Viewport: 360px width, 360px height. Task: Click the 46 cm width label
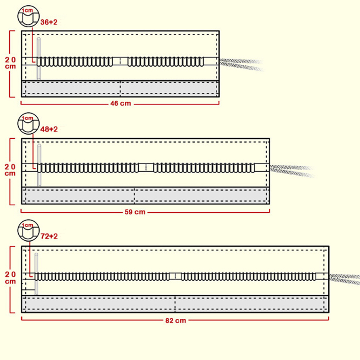tap(120, 104)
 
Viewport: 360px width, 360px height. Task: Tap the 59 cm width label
tap(135, 212)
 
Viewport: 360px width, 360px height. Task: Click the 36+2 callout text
tap(49, 22)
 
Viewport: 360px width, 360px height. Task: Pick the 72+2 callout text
tap(49, 236)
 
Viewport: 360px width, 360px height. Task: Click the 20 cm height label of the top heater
tap(10, 63)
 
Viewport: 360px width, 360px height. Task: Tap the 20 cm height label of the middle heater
tap(10, 170)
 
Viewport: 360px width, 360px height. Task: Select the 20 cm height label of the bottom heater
tap(10, 278)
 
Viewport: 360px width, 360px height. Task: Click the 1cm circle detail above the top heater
tap(28, 16)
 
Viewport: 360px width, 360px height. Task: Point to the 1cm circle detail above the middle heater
tap(28, 123)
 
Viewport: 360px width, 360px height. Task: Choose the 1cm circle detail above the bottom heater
tap(28, 230)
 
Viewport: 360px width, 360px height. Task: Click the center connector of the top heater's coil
tap(120, 61)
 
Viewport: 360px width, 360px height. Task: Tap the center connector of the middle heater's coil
tap(146, 167)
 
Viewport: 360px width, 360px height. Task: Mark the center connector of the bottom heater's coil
tap(175, 276)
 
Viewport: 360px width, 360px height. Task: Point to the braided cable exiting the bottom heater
tap(344, 279)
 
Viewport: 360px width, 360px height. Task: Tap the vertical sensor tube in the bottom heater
tap(36, 274)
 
